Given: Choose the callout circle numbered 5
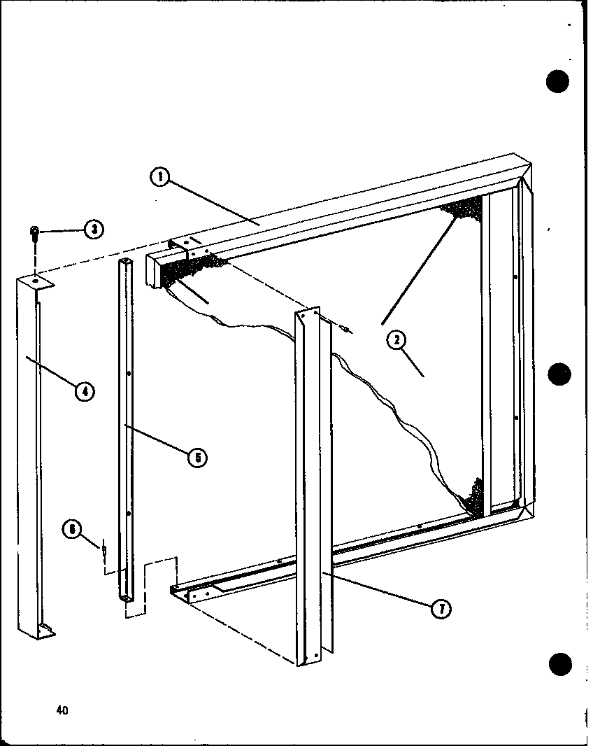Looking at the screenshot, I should [x=197, y=458].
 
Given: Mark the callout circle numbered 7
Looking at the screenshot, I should [x=440, y=608].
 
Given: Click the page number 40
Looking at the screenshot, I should [x=63, y=710].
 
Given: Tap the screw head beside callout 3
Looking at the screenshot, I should [x=34, y=233].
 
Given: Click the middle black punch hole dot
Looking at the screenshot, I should [x=559, y=374].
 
